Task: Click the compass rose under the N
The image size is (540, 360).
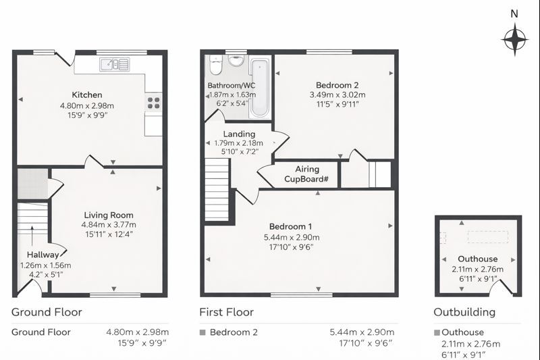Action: tap(515, 40)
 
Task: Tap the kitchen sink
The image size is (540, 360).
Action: tap(115, 64)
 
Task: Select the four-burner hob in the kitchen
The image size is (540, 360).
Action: tap(154, 103)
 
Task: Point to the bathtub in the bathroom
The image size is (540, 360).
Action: tap(260, 88)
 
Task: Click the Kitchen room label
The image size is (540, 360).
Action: tap(87, 95)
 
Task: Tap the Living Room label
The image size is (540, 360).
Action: tap(109, 215)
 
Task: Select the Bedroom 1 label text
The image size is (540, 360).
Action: tap(290, 226)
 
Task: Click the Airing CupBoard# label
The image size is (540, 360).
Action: tap(306, 174)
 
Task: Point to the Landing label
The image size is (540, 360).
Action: tap(239, 134)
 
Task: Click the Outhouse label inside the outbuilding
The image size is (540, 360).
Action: tap(477, 259)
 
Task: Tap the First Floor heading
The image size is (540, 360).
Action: tap(226, 312)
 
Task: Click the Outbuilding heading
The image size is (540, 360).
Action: tap(464, 312)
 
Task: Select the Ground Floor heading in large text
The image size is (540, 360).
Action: tap(47, 312)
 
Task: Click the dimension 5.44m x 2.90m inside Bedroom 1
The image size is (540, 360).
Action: tap(292, 237)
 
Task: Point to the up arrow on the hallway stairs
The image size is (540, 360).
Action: tap(32, 238)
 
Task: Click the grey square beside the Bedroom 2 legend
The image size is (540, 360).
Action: tap(202, 332)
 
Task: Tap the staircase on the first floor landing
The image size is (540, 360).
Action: tap(217, 189)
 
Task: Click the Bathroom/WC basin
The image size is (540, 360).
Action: tap(236, 61)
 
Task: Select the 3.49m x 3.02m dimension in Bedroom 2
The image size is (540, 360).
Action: tap(337, 95)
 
